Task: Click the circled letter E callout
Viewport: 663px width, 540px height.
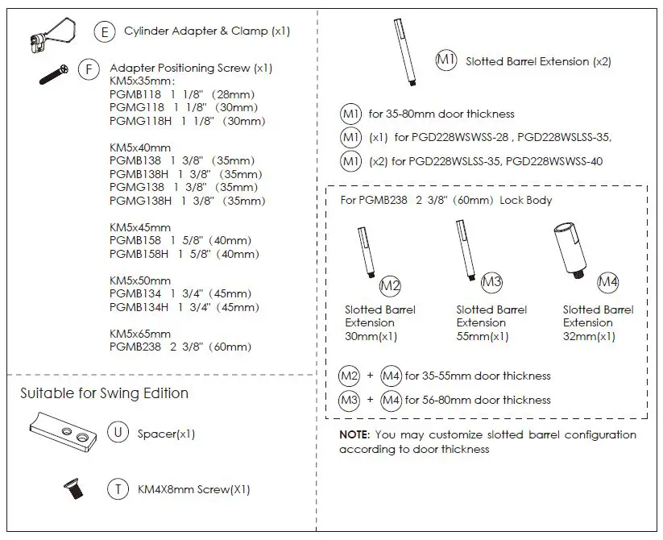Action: (105, 32)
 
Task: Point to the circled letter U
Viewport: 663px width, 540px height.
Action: (118, 433)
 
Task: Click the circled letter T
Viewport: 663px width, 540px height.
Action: (118, 488)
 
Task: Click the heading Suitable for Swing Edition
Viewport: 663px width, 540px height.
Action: (104, 394)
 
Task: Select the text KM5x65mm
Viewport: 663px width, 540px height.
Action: (140, 334)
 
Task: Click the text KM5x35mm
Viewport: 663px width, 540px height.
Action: (142, 81)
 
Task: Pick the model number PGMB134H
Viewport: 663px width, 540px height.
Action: (139, 307)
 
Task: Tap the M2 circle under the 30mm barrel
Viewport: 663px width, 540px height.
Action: (391, 285)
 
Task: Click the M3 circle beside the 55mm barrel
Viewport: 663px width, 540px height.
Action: (491, 282)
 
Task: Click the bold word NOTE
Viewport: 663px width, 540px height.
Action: (354, 435)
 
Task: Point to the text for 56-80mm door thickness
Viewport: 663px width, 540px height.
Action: (478, 400)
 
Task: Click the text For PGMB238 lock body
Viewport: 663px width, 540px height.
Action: (445, 199)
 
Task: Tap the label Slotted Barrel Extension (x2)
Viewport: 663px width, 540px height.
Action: (538, 61)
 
